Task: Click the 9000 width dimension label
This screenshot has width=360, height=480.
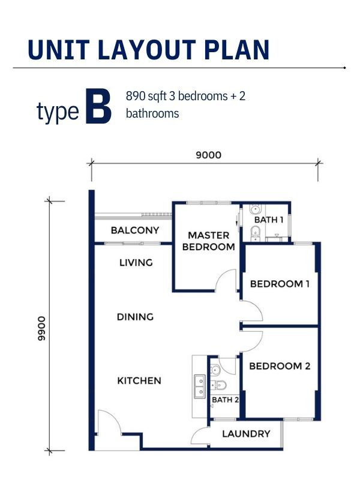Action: pyautogui.click(x=208, y=155)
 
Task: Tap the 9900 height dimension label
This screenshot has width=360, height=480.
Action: pyautogui.click(x=41, y=328)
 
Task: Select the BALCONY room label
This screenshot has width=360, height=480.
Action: pyautogui.click(x=135, y=230)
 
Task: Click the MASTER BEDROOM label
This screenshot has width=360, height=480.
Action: pyautogui.click(x=208, y=241)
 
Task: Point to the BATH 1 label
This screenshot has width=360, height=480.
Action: pyautogui.click(x=269, y=220)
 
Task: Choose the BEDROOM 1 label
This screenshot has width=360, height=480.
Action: pyautogui.click(x=280, y=284)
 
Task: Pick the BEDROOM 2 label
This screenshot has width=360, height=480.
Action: pyautogui.click(x=280, y=366)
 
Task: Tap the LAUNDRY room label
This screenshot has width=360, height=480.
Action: pyautogui.click(x=246, y=433)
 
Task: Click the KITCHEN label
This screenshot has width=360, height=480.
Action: pyautogui.click(x=139, y=380)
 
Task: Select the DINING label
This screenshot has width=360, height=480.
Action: pyautogui.click(x=136, y=317)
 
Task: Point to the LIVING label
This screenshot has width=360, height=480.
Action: pyautogui.click(x=136, y=262)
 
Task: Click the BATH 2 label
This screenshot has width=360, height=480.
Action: pyautogui.click(x=226, y=400)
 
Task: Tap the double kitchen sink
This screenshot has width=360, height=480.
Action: pyautogui.click(x=199, y=386)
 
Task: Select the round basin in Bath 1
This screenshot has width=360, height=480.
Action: pyautogui.click(x=256, y=209)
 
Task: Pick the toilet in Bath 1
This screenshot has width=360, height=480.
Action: pyautogui.click(x=254, y=233)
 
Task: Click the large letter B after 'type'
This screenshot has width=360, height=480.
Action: pyautogui.click(x=98, y=106)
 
